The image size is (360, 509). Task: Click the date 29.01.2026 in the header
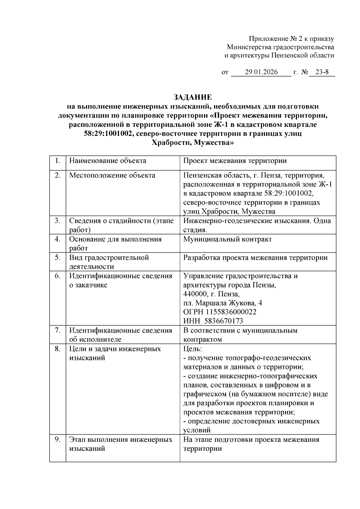[x=261, y=72]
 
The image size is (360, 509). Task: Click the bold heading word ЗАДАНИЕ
[x=193, y=97]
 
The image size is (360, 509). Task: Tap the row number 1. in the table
[x=58, y=161]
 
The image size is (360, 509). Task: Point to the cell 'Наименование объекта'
[x=108, y=161]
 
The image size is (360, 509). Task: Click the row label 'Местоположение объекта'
[x=112, y=175]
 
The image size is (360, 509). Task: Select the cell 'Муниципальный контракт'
[x=227, y=239]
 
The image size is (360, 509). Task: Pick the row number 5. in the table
[x=58, y=258]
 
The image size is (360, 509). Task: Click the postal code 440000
[x=195, y=294]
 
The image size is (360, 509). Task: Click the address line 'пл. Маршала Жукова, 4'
[x=223, y=303]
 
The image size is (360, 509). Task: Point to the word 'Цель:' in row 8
[x=192, y=349]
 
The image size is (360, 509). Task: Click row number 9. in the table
[x=58, y=440]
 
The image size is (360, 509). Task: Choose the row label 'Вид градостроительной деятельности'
[x=109, y=262]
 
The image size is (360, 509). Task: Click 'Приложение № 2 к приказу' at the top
[x=291, y=39]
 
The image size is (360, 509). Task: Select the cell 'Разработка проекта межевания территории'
[x=255, y=258]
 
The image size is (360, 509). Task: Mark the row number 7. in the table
[x=58, y=331]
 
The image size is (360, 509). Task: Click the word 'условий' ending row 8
[x=197, y=430]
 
